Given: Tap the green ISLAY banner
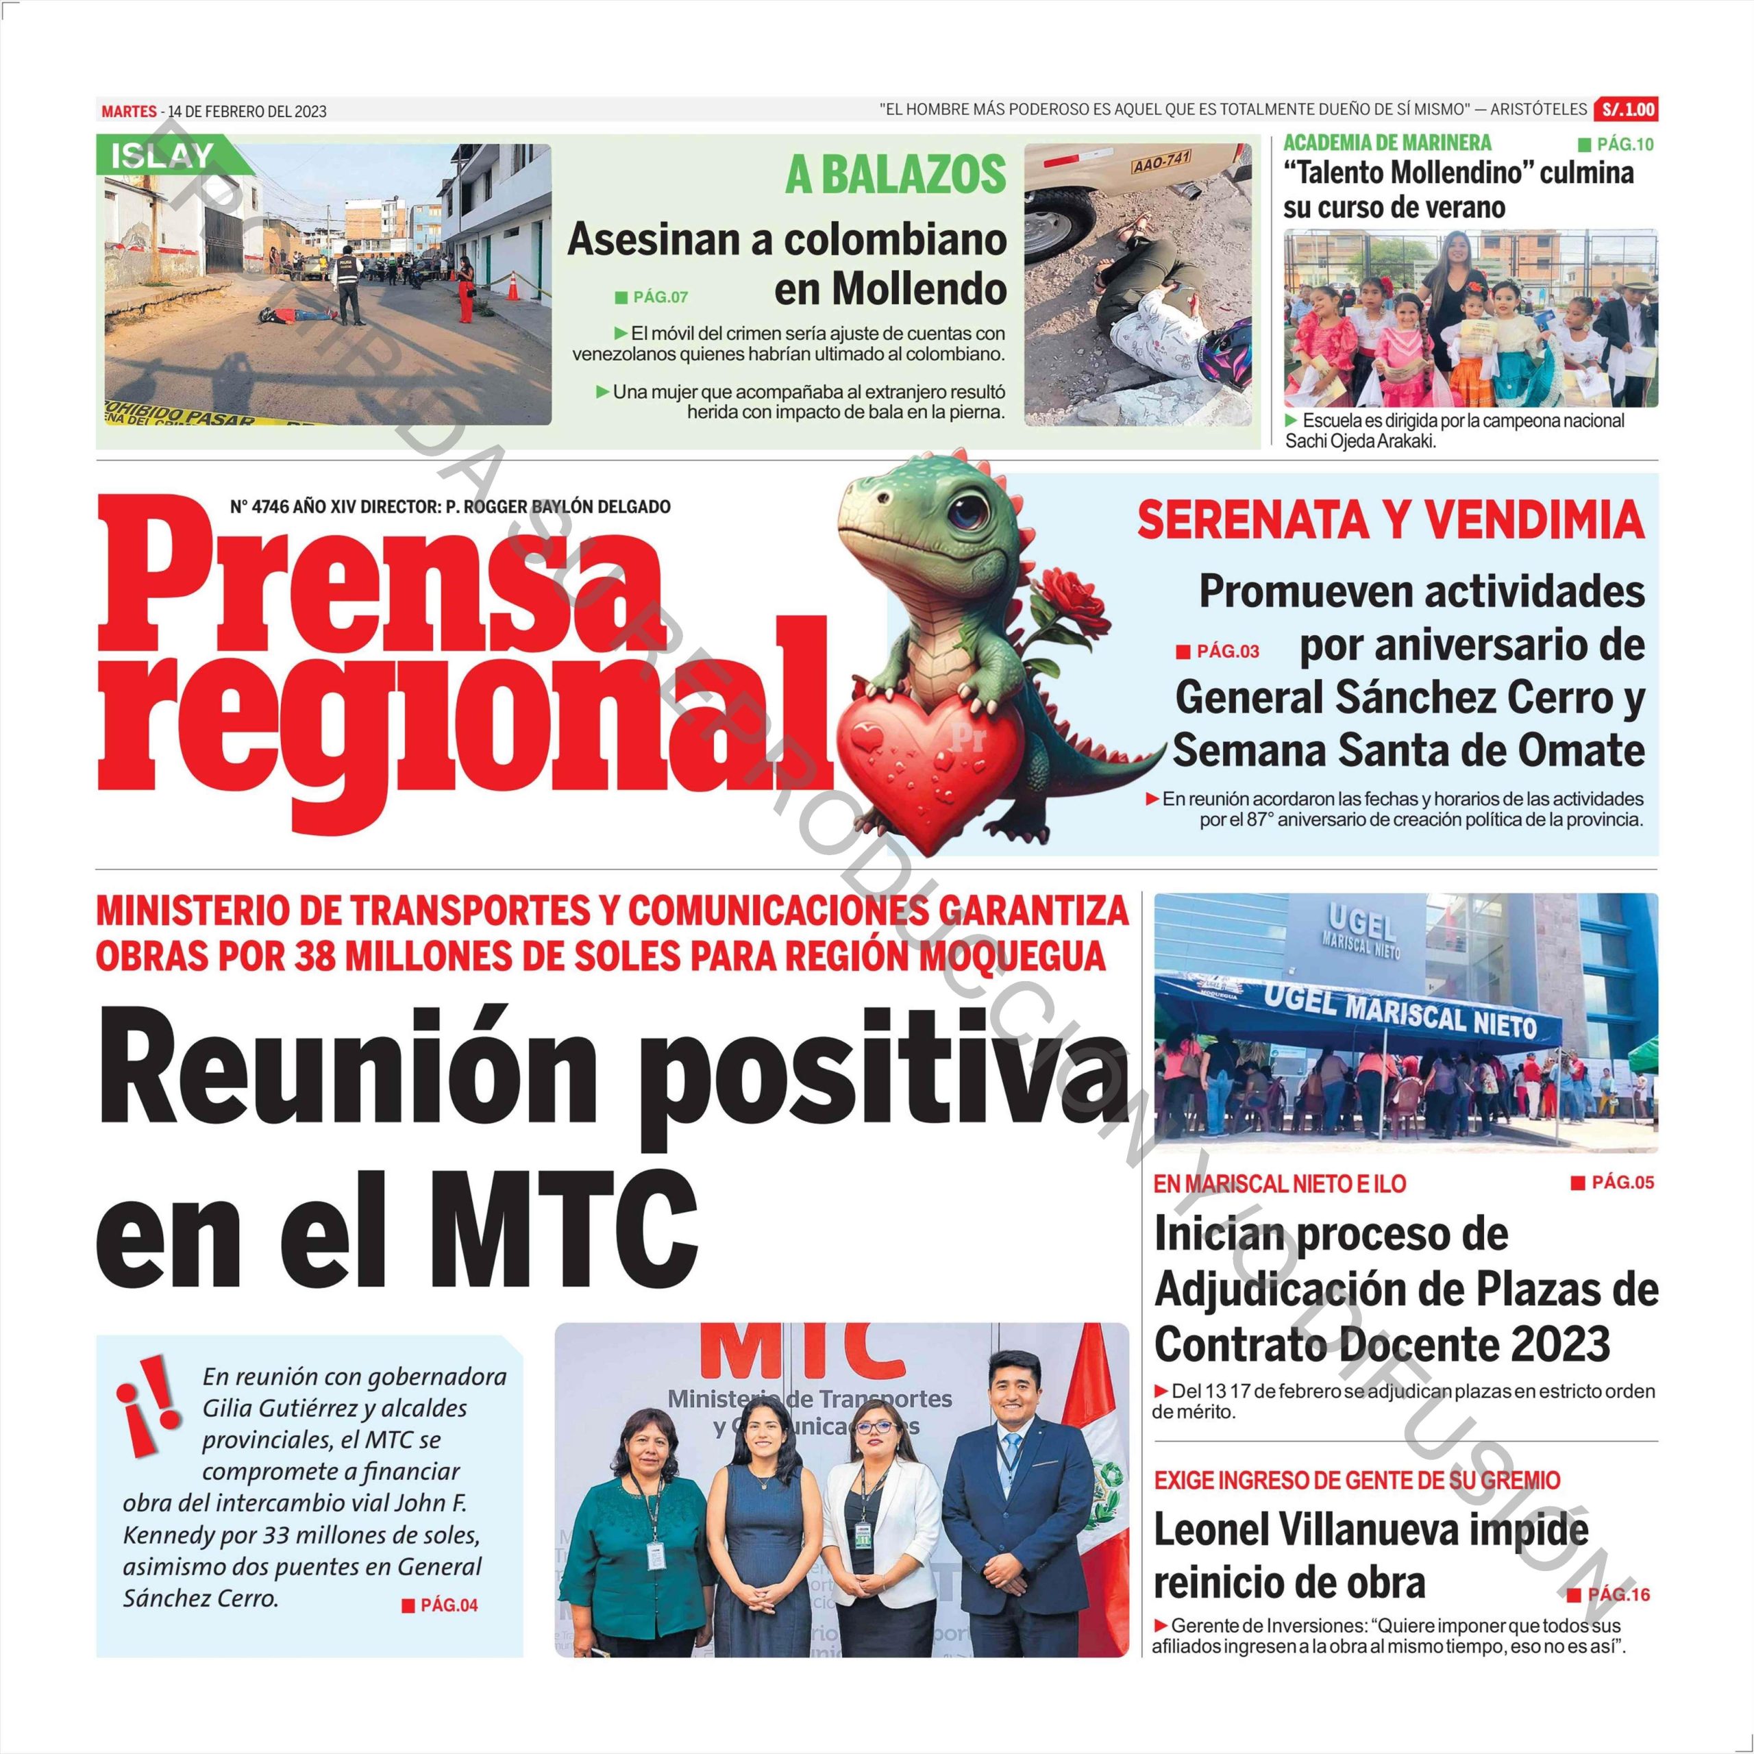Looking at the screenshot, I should pyautogui.click(x=164, y=156).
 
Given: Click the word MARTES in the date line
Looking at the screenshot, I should pyautogui.click(x=128, y=112).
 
